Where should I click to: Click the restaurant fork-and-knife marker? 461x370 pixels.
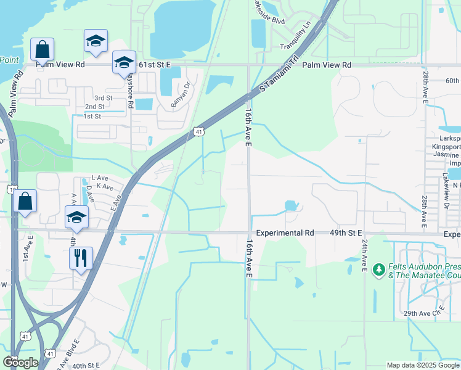pyautogui.click(x=81, y=258)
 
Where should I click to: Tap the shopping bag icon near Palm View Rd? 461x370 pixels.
pyautogui.click(x=42, y=49)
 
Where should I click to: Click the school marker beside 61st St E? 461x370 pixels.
pyautogui.click(x=124, y=62)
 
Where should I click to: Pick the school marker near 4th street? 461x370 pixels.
pyautogui.click(x=76, y=216)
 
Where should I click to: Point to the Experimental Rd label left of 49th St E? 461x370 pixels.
pyautogui.click(x=285, y=233)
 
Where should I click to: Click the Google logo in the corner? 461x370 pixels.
pyautogui.click(x=20, y=363)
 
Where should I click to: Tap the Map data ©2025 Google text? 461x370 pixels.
pyautogui.click(x=422, y=365)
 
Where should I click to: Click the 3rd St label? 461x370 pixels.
pyautogui.click(x=103, y=98)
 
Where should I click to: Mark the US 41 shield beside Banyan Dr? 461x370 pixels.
pyautogui.click(x=198, y=131)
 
